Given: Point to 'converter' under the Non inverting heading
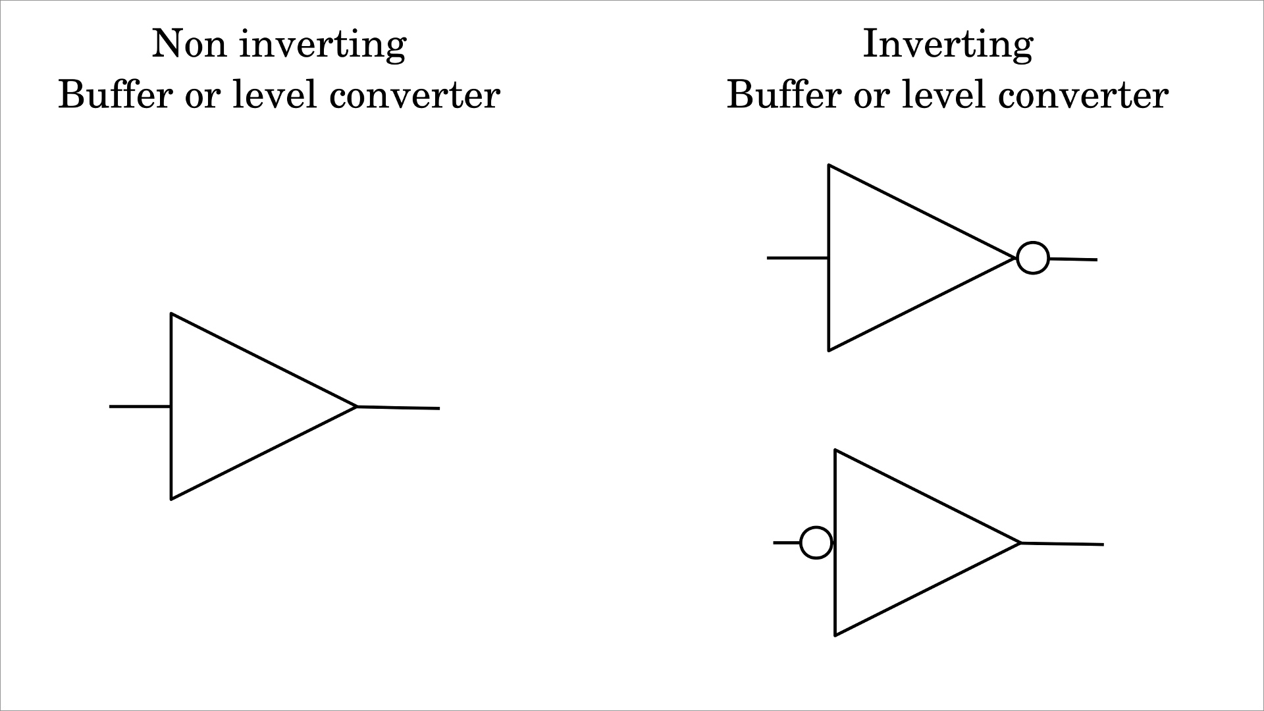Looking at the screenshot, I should point(414,95).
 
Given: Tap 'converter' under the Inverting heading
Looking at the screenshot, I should point(1083,95).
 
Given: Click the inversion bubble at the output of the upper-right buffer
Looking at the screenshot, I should point(1033,258).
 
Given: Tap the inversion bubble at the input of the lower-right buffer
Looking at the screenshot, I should point(816,543).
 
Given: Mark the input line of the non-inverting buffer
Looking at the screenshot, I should point(140,407).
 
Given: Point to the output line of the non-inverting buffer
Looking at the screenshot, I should point(398,408).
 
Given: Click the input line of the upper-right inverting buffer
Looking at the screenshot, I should point(797,258).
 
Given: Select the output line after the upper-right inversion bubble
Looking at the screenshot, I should point(1073,259).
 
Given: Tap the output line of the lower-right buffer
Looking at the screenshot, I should point(1062,544).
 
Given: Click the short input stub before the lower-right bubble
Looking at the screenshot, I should point(786,542).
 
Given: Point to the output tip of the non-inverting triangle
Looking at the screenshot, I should point(355,407).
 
